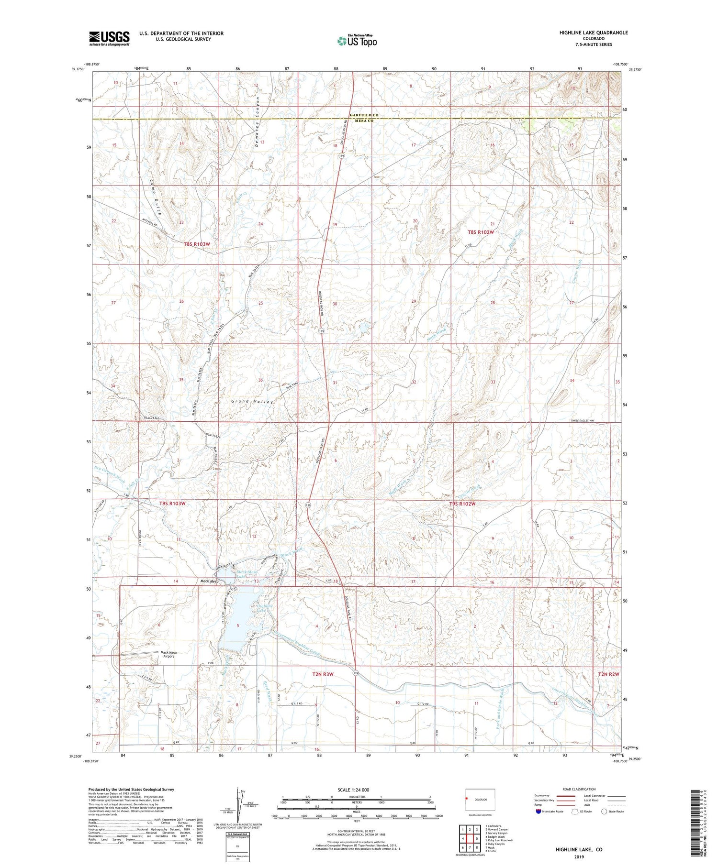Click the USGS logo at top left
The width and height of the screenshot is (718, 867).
click(109, 38)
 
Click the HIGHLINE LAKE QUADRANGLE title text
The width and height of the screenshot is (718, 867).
click(587, 33)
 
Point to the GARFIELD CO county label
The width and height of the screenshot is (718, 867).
click(364, 115)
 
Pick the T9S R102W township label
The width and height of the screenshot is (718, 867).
click(462, 504)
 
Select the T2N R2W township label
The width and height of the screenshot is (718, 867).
click(608, 674)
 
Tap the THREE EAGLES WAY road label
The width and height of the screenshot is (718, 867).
click(589, 420)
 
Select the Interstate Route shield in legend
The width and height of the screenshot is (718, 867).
click(539, 812)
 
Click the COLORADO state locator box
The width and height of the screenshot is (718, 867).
click(480, 800)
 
